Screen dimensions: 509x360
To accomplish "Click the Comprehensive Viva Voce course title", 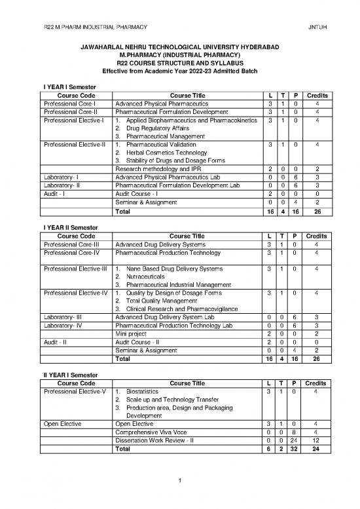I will pyautogui.click(x=151, y=431).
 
